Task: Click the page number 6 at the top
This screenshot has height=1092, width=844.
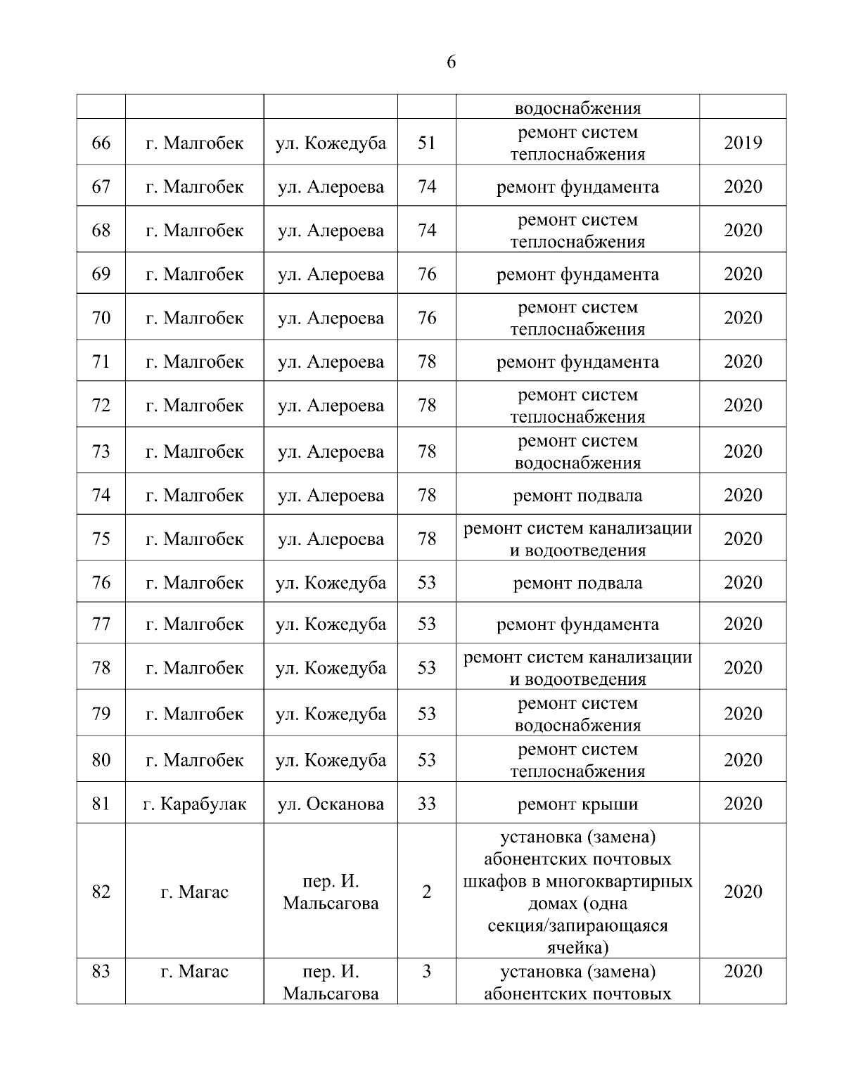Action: point(451,62)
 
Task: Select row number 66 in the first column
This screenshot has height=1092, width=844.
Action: point(101,143)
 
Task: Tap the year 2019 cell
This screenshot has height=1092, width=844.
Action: point(743,143)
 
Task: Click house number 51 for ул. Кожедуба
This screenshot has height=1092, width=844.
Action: point(427,143)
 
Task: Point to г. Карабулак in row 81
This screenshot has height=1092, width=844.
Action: point(195,804)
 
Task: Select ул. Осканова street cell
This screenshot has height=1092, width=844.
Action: point(331,804)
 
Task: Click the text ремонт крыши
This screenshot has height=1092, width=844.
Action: point(577,804)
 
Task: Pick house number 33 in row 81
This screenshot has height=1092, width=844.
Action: point(427,804)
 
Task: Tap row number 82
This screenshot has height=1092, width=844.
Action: point(101,892)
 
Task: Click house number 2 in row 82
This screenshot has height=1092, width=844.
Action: point(427,892)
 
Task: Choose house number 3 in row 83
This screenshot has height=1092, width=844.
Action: point(427,972)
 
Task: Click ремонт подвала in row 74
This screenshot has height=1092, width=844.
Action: point(577,496)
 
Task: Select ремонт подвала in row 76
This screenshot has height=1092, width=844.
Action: point(577,583)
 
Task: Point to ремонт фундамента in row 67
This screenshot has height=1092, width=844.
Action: point(577,187)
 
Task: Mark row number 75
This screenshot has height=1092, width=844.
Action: point(101,539)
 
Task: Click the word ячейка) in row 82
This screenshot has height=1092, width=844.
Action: point(577,947)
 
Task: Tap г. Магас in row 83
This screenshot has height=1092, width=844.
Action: point(195,972)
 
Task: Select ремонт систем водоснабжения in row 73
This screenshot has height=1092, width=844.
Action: point(577,452)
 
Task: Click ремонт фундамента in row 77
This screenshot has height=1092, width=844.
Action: point(577,624)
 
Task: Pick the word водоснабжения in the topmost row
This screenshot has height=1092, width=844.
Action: point(577,108)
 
